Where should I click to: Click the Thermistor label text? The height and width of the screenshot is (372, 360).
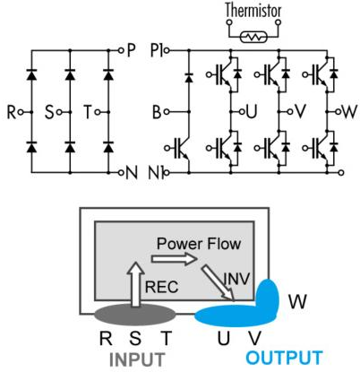coord(253,10)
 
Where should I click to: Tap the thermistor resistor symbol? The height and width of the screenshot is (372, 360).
coord(253,38)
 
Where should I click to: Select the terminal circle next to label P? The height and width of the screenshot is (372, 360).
coord(121,50)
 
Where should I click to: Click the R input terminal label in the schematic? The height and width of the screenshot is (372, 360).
coord(12,112)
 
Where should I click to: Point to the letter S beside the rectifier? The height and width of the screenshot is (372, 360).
coord(49,112)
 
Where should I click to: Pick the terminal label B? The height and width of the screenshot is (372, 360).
coord(157,112)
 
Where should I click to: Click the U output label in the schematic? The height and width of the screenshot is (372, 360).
coord(252,112)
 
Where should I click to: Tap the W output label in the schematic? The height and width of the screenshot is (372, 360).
coord(349,112)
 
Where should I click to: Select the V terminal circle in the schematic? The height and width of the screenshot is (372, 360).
coord(289,112)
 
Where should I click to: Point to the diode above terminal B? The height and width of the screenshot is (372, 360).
coord(188,78)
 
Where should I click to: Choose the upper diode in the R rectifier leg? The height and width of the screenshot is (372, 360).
coord(31,74)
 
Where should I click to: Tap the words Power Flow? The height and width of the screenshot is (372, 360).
coord(199,244)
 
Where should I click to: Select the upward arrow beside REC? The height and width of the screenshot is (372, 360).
coord(136,284)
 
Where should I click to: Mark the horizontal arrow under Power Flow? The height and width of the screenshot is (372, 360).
coord(175,258)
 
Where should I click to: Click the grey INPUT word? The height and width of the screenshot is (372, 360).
coord(137,359)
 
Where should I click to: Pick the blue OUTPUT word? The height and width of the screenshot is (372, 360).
coord(284,358)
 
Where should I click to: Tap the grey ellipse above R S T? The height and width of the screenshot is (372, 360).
coord(135,315)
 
